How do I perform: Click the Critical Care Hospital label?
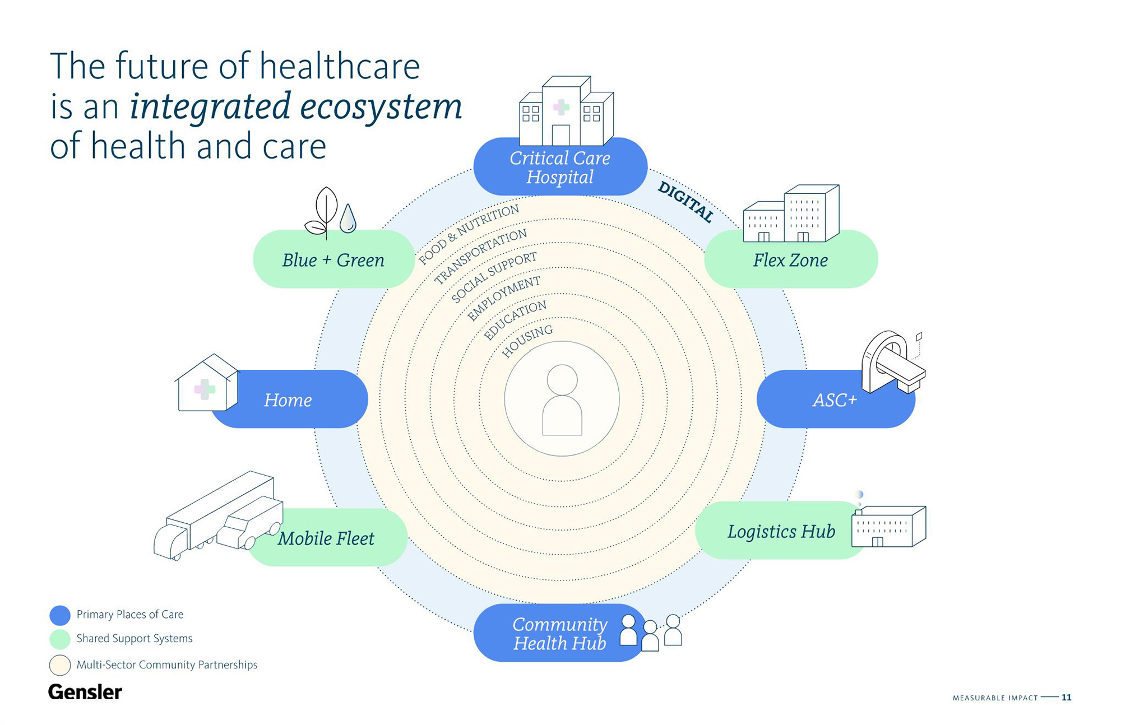[x=559, y=168]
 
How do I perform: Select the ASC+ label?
[x=835, y=400]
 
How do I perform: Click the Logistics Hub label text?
[x=781, y=531]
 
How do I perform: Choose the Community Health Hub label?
[x=559, y=634]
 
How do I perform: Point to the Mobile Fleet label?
[x=326, y=538]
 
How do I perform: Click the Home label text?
[x=288, y=400]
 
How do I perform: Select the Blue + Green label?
[x=333, y=261]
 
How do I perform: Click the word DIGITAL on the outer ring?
[x=685, y=202]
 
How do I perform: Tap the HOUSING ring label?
[x=527, y=341]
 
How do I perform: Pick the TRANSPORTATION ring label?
[x=480, y=255]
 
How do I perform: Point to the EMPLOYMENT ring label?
[x=504, y=298]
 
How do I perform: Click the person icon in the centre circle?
[x=562, y=400]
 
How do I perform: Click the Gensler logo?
[x=85, y=692]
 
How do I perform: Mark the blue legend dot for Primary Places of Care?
[x=60, y=615]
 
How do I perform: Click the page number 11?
[x=1066, y=698]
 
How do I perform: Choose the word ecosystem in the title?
[x=381, y=106]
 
